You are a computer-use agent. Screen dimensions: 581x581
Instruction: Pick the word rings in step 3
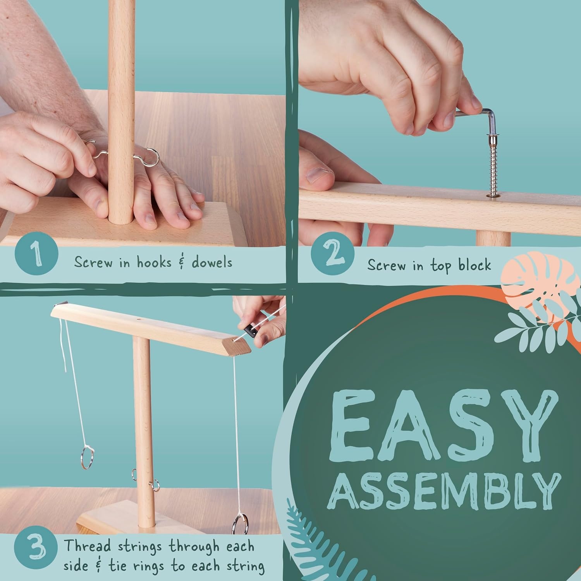153,567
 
